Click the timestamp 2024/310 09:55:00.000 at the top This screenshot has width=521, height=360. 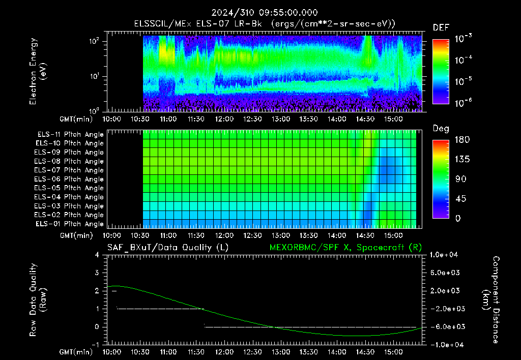265,13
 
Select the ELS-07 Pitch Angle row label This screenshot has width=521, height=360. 69,170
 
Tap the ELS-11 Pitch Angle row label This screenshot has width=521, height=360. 70,135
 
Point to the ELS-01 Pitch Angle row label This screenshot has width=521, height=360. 70,224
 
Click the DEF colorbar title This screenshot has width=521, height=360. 441,27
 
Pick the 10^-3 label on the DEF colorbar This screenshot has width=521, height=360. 463,39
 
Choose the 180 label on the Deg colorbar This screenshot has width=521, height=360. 462,140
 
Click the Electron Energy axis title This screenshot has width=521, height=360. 37,71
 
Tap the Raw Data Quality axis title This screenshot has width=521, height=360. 37,300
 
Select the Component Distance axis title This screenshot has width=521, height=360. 491,300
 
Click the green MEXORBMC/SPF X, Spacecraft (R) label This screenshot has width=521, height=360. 345,248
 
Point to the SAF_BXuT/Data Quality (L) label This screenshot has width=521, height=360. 168,248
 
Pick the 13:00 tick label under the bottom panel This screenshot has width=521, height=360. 281,352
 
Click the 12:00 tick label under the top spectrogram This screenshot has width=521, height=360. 224,119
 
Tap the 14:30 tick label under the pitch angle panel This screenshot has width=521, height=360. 365,236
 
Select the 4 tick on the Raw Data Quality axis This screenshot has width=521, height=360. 97,255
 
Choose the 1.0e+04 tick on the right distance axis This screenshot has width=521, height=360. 444,255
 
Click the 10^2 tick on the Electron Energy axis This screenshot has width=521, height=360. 94,42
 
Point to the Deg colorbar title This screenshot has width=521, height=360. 441,129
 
